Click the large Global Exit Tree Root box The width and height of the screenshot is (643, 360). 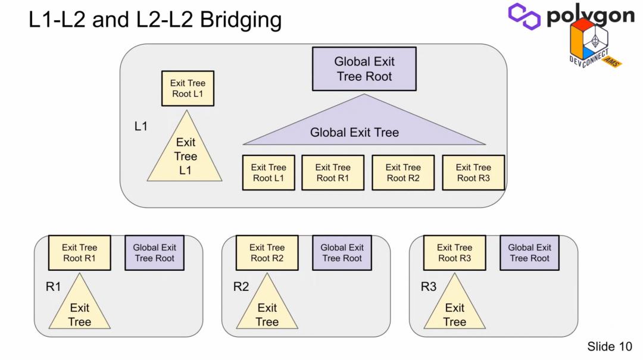point(364,69)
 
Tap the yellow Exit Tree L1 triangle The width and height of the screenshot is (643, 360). point(185,155)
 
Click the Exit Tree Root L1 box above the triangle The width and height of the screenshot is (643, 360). point(188,89)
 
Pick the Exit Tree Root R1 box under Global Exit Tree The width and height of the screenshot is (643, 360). point(332,173)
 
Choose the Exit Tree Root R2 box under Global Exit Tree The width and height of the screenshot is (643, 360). point(402,173)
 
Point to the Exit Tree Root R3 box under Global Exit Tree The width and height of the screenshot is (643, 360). point(473,173)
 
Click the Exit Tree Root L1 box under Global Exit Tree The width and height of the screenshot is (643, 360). point(268,173)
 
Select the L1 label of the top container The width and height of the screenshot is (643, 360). point(141,126)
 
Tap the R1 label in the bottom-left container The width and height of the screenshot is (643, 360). point(54,287)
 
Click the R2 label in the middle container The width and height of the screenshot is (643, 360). point(241,287)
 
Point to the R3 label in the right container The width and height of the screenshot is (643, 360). point(429,287)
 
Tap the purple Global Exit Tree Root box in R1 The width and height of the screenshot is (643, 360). point(154,252)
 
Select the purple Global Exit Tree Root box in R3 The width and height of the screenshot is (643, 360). point(529,252)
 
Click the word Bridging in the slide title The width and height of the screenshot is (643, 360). point(241,20)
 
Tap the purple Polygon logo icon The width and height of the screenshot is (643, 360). point(524,16)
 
